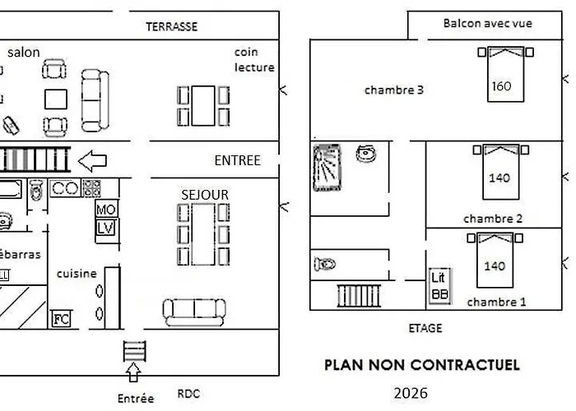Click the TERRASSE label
coord(171,26)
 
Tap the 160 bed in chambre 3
coord(505,74)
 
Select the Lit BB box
coord(439,286)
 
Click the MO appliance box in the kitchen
coord(106,209)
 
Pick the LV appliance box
coord(106,229)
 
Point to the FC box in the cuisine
coord(61,319)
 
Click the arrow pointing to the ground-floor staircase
coord(92,161)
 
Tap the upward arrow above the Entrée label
coord(133,372)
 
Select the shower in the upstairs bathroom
coord(327,168)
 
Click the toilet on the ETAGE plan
coord(325,264)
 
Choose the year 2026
coord(411,394)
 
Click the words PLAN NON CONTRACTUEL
coord(422,365)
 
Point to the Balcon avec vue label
coord(487,24)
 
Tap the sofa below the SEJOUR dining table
coord(194,312)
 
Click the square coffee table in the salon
coord(56,99)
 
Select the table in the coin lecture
coord(203,106)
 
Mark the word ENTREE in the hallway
coord(237,160)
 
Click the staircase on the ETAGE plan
coord(359,295)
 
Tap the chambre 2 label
coord(493,219)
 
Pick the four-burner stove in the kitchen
coord(91,188)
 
